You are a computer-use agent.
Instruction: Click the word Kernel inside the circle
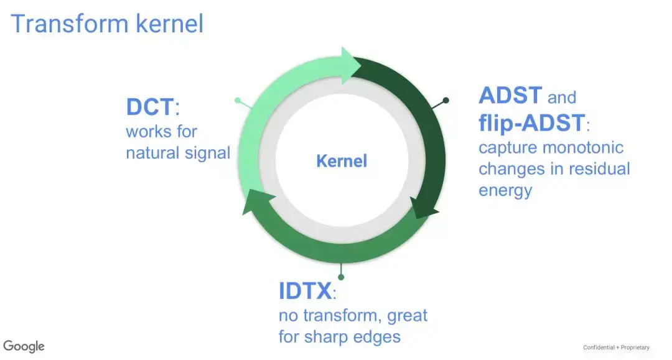[x=342, y=161]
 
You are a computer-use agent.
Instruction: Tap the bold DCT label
[x=150, y=106]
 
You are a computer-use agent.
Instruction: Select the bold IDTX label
[x=305, y=291]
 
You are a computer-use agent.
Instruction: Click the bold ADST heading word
[x=510, y=95]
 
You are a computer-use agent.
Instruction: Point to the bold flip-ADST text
[x=532, y=123]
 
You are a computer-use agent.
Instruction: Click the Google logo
[x=24, y=346]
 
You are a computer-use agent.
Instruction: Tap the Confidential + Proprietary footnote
[x=616, y=347]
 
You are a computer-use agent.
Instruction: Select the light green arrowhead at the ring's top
[x=352, y=65]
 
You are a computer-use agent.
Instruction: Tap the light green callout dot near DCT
[x=238, y=101]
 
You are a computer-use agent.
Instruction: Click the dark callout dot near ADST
[x=446, y=100]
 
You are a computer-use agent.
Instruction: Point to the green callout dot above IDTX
[x=341, y=277]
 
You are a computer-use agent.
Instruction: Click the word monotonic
[x=583, y=148]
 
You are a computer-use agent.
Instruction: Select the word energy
[x=505, y=191]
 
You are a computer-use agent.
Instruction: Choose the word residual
[x=599, y=168]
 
